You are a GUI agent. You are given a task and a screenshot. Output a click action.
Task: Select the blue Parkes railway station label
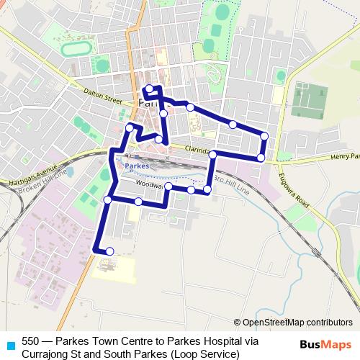pyautogui.click(x=137, y=166)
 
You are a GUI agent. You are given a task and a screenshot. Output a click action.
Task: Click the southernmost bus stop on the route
pyautogui.click(x=109, y=251)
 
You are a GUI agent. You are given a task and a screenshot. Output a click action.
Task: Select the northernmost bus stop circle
pyautogui.click(x=149, y=89)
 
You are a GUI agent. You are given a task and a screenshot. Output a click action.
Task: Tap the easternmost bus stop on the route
pyautogui.click(x=264, y=136)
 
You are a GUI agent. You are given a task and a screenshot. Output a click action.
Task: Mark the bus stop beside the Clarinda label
pyautogui.click(x=213, y=154)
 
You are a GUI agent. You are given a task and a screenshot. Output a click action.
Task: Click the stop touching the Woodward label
pyautogui.click(x=168, y=186)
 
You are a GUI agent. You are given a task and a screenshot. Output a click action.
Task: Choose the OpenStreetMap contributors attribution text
pyautogui.click(x=297, y=323)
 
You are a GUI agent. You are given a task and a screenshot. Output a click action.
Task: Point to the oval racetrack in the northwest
pyautogui.click(x=74, y=50)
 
